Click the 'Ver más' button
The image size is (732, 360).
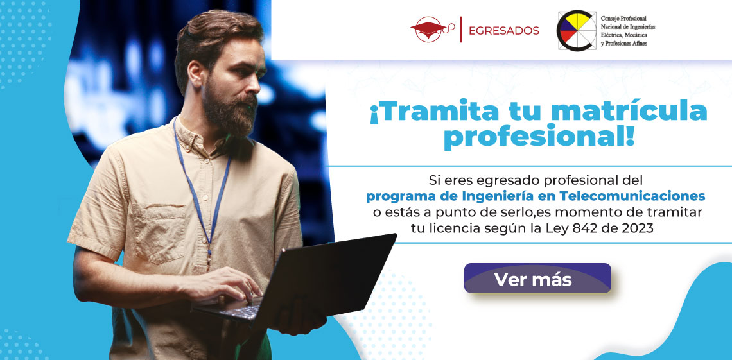(x=537, y=279)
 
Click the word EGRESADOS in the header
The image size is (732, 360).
(x=503, y=31)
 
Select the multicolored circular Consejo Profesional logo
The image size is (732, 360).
(x=577, y=30)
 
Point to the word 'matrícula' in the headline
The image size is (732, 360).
(x=629, y=112)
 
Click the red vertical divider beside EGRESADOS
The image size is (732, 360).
(x=461, y=30)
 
